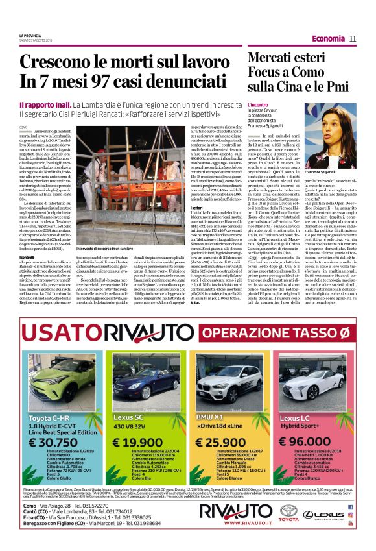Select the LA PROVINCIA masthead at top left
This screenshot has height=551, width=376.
[x=29, y=36]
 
